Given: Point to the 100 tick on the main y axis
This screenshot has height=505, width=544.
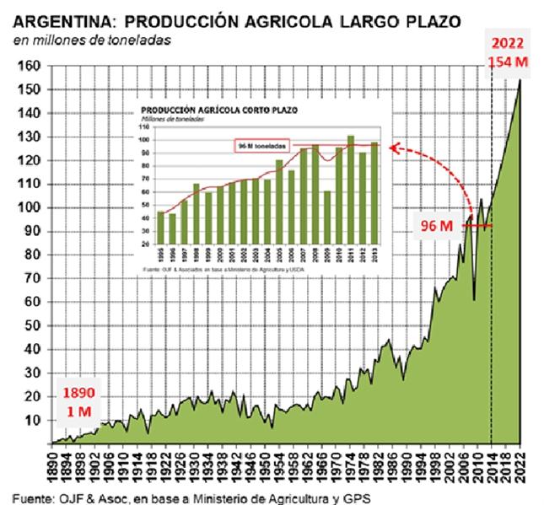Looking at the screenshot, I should pos(31,207).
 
